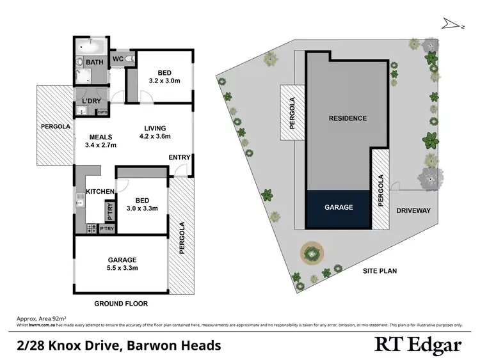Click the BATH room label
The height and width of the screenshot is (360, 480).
click(x=95, y=62)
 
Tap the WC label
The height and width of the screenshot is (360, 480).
click(x=118, y=59)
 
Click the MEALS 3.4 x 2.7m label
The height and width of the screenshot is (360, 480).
click(x=100, y=141)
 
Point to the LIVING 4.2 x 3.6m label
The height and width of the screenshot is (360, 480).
click(x=155, y=132)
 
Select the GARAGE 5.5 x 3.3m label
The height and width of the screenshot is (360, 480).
click(x=122, y=263)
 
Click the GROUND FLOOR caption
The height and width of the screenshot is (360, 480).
click(x=121, y=303)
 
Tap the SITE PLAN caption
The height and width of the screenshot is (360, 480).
click(x=380, y=271)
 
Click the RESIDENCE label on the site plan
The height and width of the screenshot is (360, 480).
click(x=348, y=118)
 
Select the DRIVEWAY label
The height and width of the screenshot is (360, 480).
click(x=413, y=210)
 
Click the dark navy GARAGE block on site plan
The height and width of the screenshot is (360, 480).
click(x=339, y=208)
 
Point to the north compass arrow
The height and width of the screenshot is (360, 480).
click(x=451, y=24)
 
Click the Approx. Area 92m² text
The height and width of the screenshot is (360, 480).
click(x=40, y=318)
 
